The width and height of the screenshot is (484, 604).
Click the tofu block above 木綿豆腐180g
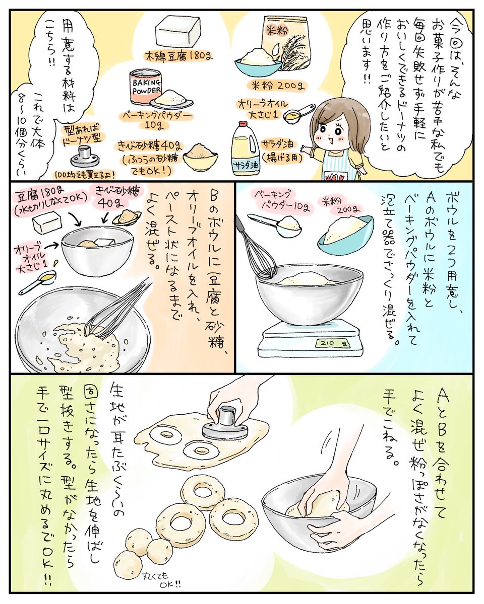click(178, 33)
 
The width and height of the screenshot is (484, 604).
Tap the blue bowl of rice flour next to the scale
click(346, 234)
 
